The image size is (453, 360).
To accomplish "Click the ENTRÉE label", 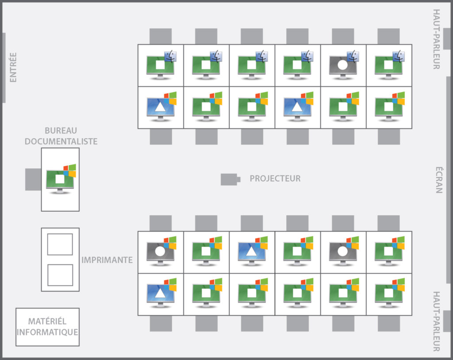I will coord(13,67).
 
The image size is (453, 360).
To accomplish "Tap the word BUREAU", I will coord(61,131).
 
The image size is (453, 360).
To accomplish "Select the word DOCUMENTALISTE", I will coord(61,141).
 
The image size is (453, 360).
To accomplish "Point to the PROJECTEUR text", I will coord(275,179).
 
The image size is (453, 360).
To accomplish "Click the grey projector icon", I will coord(230,179).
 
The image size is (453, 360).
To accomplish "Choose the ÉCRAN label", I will coord(438,180).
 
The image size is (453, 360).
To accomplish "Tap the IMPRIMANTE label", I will coord(107,260).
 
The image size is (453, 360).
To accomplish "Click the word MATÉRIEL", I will coord(47,321).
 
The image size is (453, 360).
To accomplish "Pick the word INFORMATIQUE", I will coord(47,332).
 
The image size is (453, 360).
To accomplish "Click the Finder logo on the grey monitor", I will coord(353,56).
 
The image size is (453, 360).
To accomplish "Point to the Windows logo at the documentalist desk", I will coord(70,169).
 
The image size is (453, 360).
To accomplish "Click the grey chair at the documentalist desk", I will coord(33,179).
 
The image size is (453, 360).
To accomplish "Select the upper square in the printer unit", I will coord(60,244).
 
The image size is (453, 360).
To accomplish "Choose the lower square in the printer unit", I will coord(60,275).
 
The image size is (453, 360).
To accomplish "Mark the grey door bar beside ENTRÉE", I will coord(4,67).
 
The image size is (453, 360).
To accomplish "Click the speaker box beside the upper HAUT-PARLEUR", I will coord(447,39).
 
